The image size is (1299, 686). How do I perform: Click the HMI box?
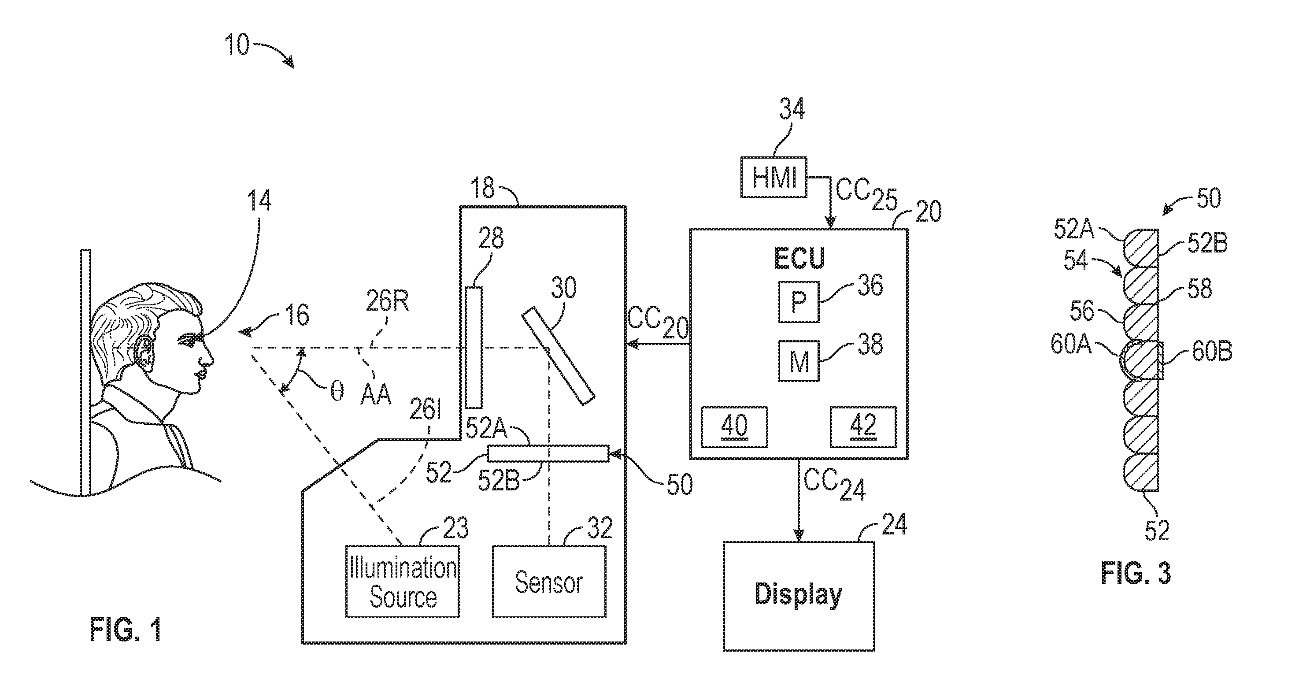coord(773,178)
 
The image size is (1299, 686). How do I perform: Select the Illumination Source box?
coord(403,582)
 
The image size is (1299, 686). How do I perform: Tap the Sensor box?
coord(549,582)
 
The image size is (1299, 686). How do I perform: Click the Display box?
coord(799,596)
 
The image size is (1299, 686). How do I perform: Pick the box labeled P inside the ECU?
coord(799,302)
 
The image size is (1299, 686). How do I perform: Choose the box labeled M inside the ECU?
coord(799,361)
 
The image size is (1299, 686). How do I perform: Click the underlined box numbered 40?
coord(734,427)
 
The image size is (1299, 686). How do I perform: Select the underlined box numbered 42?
coord(863,427)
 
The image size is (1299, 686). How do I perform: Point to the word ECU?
coord(799,259)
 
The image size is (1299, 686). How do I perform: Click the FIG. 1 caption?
coord(125,630)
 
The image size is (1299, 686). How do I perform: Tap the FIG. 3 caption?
coord(1136,573)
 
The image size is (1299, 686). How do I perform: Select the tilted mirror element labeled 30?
coord(558,356)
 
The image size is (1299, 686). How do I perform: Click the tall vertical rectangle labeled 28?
coord(474,347)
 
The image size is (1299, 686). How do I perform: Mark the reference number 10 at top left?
coord(237,44)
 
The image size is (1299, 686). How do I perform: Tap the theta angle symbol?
coord(337,391)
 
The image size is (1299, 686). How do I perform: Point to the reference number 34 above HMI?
coord(792,109)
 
